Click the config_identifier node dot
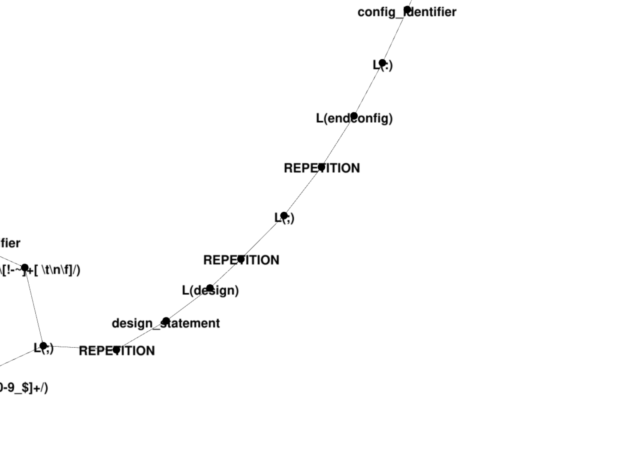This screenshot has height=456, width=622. click(407, 10)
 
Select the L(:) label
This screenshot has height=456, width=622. click(382, 66)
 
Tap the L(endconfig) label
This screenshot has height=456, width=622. click(354, 118)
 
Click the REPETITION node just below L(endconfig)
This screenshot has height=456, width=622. click(321, 167)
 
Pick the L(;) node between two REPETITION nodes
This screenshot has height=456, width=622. click(284, 215)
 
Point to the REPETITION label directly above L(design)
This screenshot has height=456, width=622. click(241, 260)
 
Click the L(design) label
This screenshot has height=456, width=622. click(210, 291)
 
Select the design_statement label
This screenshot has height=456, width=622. click(166, 323)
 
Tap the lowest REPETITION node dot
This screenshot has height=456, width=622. click(117, 350)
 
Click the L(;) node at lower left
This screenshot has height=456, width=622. click(43, 346)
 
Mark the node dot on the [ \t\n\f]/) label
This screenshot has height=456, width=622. click(25, 267)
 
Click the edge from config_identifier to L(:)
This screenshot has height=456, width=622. click(395, 36)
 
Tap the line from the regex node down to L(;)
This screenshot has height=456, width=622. click(34, 306)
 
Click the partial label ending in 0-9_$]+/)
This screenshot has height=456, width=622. click(24, 388)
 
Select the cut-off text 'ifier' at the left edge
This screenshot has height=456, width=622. click(10, 243)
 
